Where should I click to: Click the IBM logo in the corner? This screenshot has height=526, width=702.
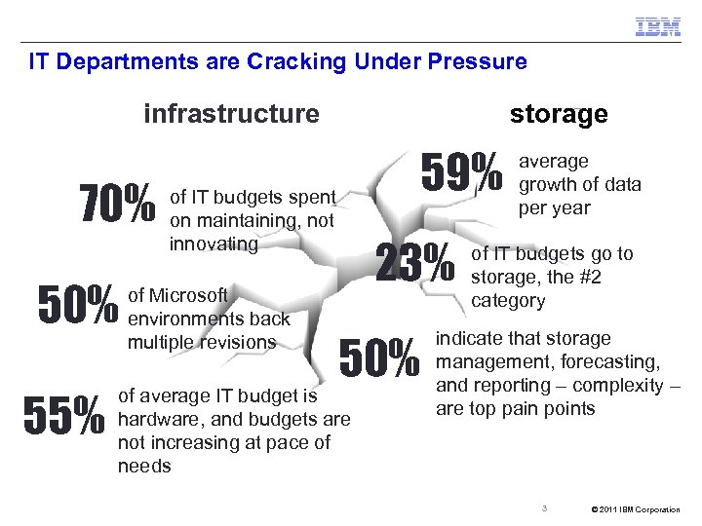tap(658, 27)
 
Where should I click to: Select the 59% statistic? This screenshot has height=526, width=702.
tap(461, 171)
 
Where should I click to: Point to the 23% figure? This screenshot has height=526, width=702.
tap(414, 263)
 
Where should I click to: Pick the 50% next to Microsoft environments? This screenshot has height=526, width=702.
tap(77, 305)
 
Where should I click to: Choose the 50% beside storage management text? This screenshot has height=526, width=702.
tap(379, 359)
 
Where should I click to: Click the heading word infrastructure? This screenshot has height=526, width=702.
tap(231, 114)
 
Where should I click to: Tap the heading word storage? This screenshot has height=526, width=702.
tap(559, 114)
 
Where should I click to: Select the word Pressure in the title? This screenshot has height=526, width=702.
tap(479, 62)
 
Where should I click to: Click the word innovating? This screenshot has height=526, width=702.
tap(214, 243)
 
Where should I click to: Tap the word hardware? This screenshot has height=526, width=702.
tap(157, 420)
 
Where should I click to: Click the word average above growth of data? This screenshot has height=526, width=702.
tap(553, 162)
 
